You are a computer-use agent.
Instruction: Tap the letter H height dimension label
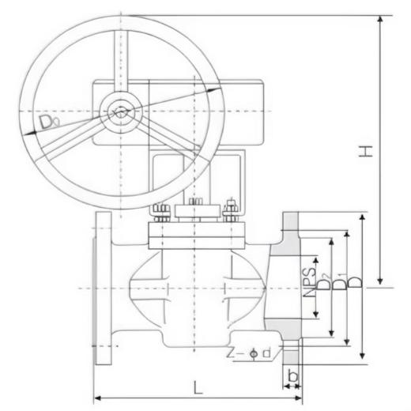point(365,150)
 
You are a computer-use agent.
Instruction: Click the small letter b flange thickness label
point(292,376)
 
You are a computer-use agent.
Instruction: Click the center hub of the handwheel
point(120,111)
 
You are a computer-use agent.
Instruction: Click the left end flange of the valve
point(102,288)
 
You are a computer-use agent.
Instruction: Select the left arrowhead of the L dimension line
point(98,398)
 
